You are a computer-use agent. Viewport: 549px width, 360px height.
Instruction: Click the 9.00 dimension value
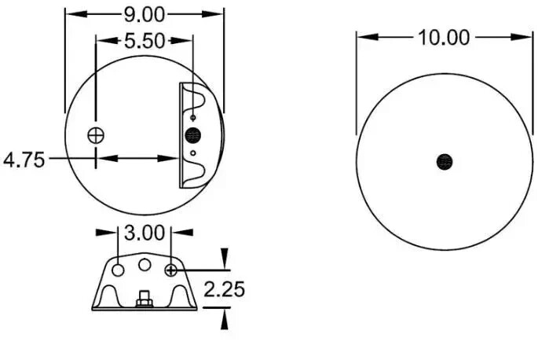[145, 15]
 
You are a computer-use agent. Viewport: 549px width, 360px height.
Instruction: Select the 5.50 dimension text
[145, 41]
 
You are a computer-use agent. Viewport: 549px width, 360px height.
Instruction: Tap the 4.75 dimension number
[24, 160]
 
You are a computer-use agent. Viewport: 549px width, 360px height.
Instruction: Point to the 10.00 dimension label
[444, 38]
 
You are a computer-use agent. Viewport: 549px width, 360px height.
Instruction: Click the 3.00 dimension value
[145, 233]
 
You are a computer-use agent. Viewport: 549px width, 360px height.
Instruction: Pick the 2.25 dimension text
[224, 289]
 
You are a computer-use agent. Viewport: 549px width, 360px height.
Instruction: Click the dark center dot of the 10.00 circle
[445, 162]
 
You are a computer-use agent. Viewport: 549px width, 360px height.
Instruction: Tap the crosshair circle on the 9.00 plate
[96, 135]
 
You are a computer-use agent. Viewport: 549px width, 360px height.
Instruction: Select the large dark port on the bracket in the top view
[193, 135]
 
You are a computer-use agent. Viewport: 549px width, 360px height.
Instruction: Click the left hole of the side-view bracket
[119, 270]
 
